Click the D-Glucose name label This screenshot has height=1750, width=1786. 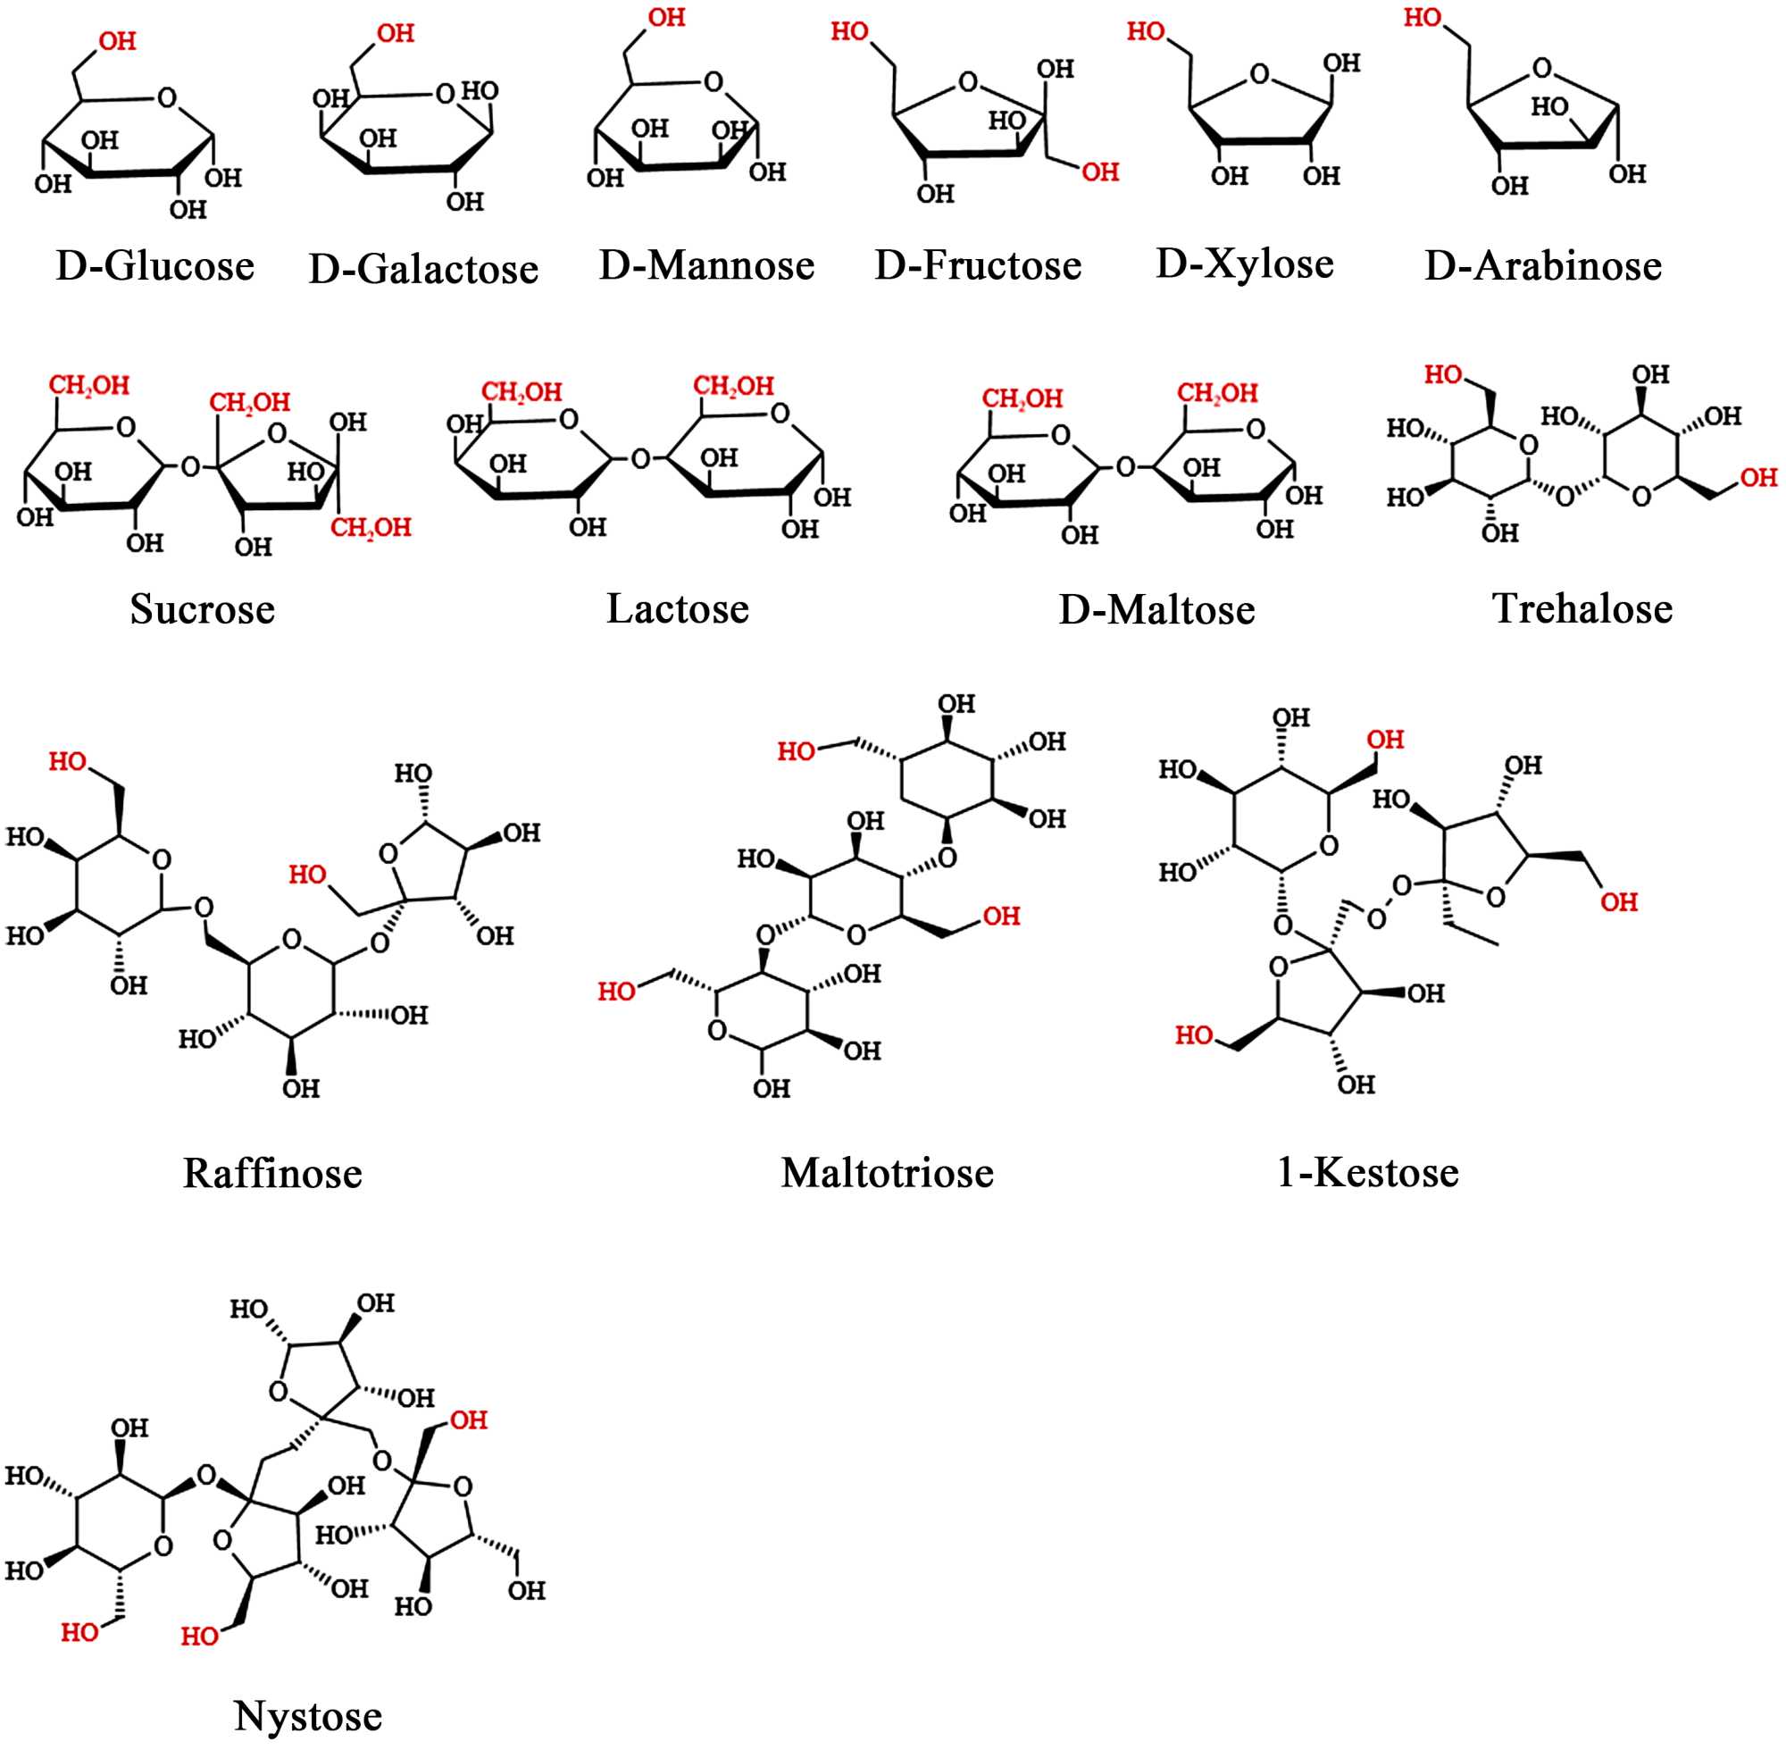155,266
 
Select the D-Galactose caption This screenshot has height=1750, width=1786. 423,269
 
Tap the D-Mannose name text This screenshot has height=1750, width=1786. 706,265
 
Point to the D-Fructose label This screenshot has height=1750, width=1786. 978,265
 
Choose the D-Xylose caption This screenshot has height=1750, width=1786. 1244,264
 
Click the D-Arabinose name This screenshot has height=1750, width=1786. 1542,266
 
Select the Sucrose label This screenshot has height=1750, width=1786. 202,609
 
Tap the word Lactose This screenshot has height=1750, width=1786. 677,609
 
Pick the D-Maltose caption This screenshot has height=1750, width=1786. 1156,610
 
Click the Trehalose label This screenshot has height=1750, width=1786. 1582,609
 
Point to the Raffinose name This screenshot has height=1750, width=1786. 272,1174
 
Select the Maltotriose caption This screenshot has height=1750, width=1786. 887,1174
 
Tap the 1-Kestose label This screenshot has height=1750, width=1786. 1367,1173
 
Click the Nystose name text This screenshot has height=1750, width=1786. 308,1716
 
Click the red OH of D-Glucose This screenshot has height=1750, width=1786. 118,41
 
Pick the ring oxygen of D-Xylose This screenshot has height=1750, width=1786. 1259,73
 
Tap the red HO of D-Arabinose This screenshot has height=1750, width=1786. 1423,18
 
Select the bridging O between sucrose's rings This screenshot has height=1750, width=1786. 190,467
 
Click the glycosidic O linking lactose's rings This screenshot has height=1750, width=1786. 641,457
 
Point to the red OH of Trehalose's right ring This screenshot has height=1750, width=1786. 1757,477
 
